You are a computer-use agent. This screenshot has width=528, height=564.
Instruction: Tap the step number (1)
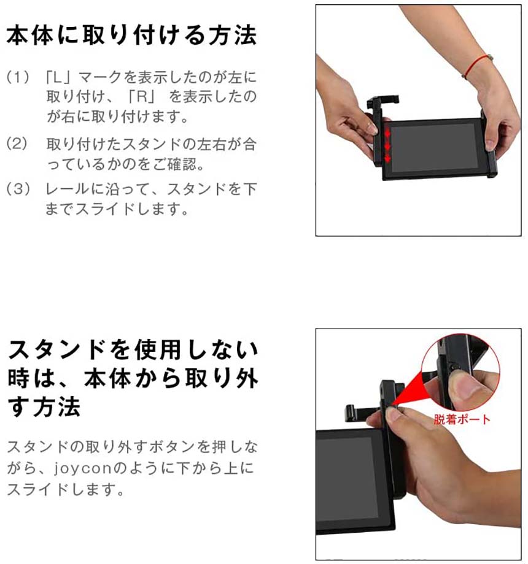pos(17,77)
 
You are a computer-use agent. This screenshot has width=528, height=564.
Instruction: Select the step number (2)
pos(17,143)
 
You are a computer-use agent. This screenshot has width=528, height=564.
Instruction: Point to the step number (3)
pos(17,188)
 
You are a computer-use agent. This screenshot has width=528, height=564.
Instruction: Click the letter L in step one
pos(58,77)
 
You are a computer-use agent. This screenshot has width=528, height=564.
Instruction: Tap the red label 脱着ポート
pos(462,419)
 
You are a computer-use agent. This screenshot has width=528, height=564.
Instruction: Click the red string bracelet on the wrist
pos(477,66)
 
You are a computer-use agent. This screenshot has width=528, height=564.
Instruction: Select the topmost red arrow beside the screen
pos(387,133)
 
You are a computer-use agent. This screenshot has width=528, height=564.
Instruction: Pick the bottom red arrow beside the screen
pos(387,158)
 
